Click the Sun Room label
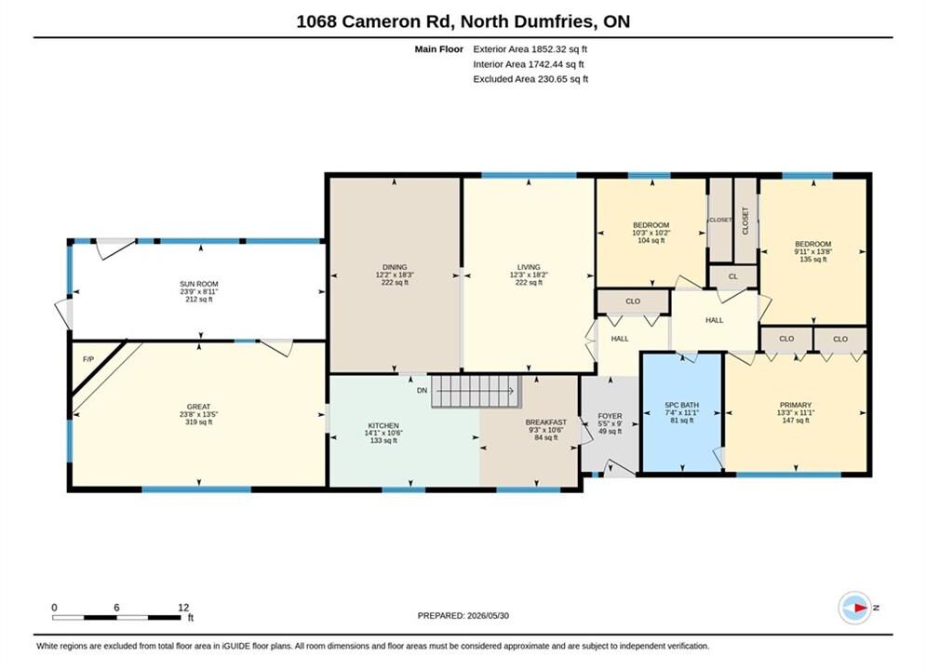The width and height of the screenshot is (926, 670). click(199, 284)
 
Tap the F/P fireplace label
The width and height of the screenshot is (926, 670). click(88, 359)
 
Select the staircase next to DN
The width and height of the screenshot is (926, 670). click(476, 392)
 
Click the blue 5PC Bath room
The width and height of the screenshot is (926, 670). click(682, 412)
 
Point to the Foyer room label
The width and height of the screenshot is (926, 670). click(611, 416)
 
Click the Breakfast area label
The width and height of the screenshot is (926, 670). click(545, 422)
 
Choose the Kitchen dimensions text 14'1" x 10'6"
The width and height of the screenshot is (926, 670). click(383, 433)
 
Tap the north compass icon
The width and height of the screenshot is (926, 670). click(854, 608)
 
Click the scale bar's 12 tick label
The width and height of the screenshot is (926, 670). click(183, 607)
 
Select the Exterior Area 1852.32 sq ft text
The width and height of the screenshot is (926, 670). click(530, 49)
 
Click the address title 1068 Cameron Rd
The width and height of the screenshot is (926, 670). click(374, 21)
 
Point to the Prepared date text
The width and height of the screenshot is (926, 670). click(463, 616)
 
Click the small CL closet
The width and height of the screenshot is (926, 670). click(732, 276)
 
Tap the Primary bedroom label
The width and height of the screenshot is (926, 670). click(796, 405)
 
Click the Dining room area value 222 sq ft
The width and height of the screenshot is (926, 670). click(396, 282)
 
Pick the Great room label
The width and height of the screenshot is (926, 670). click(198, 407)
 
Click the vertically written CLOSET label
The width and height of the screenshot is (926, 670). click(745, 221)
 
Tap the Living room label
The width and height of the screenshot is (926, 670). click(529, 267)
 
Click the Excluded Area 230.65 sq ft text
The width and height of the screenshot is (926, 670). click(530, 78)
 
